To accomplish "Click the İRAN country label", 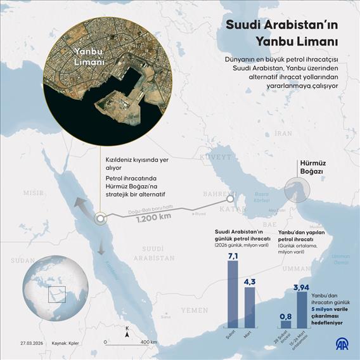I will (283, 134).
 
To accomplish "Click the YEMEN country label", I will (193, 310).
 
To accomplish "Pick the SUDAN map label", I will (22, 260).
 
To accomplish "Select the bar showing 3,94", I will (302, 309).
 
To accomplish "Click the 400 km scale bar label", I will (149, 342).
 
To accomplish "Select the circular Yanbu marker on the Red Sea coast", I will (100, 219).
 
